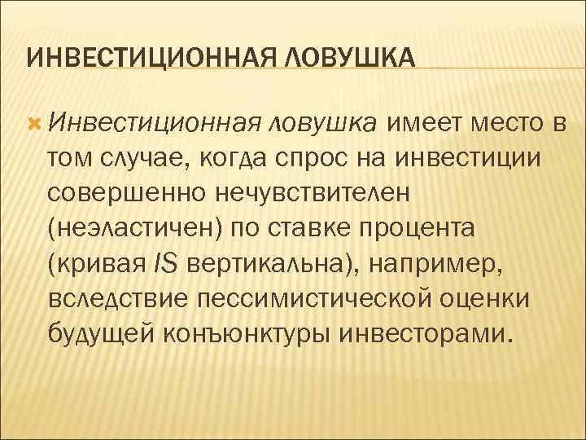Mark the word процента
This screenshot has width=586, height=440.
click(430, 228)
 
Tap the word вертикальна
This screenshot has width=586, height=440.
click(269, 263)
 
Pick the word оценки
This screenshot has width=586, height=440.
click(485, 298)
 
